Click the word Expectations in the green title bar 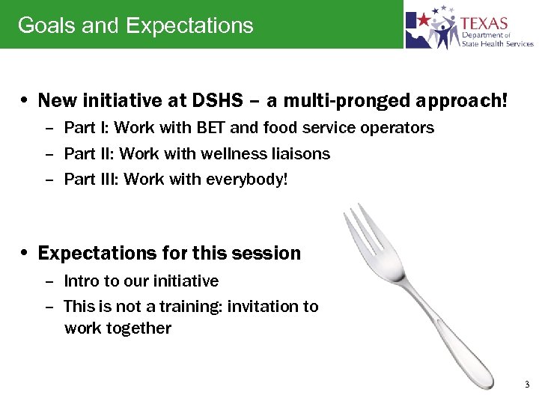[189, 25]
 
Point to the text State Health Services [497, 43]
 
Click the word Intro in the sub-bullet [80, 281]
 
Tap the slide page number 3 [526, 385]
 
